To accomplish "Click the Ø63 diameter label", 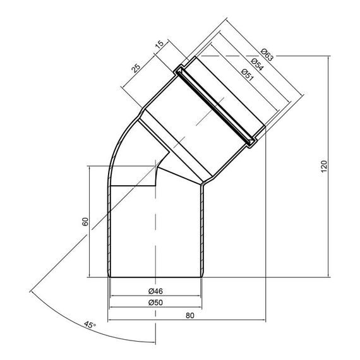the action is [x=268, y=55].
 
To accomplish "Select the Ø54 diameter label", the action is [x=258, y=64].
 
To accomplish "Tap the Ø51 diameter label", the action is [x=248, y=75].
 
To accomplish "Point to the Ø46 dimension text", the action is [x=155, y=291].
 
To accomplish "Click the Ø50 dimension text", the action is [x=155, y=303].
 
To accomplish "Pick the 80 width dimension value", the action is [x=190, y=315].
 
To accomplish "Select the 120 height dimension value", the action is [x=324, y=167].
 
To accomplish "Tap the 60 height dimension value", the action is [x=85, y=222].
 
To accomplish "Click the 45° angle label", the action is [x=90, y=325].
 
